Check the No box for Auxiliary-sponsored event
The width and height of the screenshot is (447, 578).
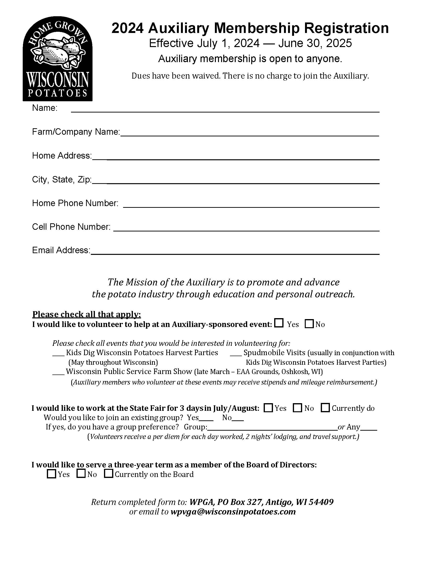coord(309,324)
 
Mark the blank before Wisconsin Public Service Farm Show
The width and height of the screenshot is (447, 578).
coord(58,373)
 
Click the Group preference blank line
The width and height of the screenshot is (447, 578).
coord(272,428)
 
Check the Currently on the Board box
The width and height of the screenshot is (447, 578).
coord(108,473)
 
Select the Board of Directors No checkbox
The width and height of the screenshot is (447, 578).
coord(81,473)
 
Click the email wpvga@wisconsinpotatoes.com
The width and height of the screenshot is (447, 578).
coord(233,512)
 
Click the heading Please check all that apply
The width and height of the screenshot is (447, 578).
coord(87,314)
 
